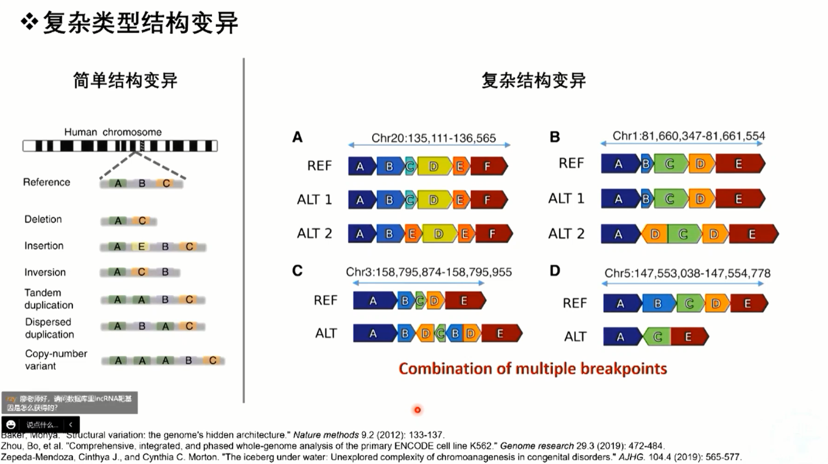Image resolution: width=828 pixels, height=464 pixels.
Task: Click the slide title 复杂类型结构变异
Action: [140, 23]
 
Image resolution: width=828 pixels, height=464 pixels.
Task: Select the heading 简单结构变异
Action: [125, 80]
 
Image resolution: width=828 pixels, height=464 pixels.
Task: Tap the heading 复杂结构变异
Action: [533, 80]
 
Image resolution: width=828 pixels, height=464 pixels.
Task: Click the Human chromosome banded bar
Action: [120, 146]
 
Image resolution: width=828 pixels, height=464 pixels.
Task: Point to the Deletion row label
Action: [43, 219]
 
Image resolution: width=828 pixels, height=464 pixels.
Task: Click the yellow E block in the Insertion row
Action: [142, 246]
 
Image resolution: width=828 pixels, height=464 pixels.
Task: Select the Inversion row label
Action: [45, 272]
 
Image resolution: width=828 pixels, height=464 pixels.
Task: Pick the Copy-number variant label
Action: [56, 360]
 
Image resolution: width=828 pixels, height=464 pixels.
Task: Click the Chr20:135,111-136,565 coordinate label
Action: [433, 138]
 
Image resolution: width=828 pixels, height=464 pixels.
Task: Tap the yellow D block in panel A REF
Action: [434, 167]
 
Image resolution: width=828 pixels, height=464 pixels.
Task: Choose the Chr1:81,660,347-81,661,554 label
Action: [689, 136]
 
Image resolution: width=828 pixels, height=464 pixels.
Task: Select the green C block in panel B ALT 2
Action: [683, 234]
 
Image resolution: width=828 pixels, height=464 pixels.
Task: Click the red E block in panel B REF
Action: [738, 164]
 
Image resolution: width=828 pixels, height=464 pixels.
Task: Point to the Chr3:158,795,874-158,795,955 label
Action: [428, 272]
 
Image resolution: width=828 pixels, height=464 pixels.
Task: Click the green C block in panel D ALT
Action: [657, 337]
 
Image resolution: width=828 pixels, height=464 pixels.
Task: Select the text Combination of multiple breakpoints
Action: [533, 369]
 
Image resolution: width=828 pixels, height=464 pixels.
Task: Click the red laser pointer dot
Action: [417, 410]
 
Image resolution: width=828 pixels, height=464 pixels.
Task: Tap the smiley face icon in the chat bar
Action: [11, 424]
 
